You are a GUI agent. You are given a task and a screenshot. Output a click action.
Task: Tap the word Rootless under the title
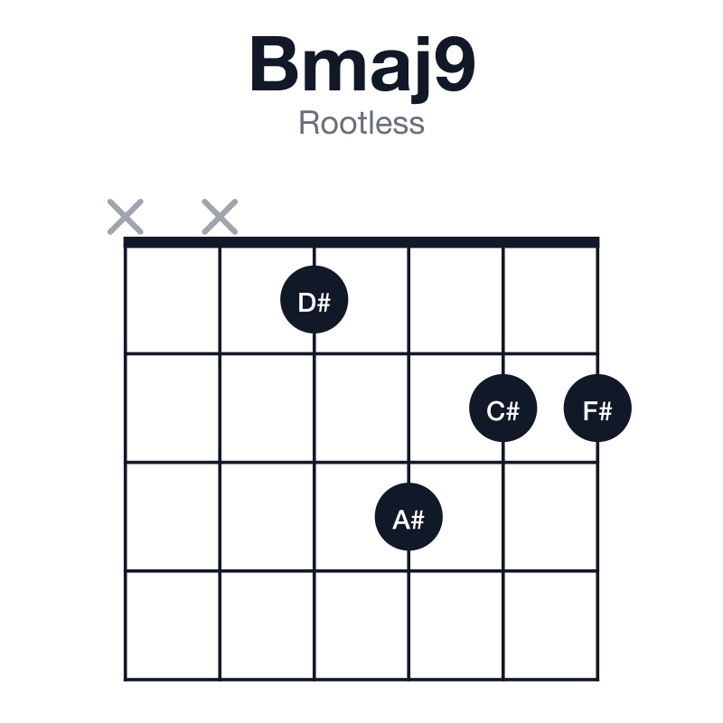[x=361, y=123]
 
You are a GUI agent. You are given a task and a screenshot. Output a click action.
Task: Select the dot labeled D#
[x=314, y=300]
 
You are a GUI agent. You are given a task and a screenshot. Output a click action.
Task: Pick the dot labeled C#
[x=503, y=408]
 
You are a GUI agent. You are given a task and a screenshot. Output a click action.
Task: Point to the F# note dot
[x=597, y=408]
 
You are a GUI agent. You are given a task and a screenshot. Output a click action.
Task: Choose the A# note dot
[x=408, y=517]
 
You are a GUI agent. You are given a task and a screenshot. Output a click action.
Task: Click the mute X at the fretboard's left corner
[x=126, y=217]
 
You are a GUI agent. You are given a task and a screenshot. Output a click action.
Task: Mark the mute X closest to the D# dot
[x=220, y=217]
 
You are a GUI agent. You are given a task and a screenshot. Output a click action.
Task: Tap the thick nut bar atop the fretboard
[x=361, y=242]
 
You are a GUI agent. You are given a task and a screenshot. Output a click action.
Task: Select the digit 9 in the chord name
[x=455, y=64]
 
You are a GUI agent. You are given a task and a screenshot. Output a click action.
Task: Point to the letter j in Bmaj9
[x=420, y=70]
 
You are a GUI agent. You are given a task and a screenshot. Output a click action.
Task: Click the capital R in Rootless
[x=310, y=123]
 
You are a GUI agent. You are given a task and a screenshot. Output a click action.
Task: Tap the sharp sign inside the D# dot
[x=324, y=303]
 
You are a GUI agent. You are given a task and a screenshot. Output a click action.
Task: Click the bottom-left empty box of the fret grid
[x=173, y=625]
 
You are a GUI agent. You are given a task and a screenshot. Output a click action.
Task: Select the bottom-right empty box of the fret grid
[x=550, y=625]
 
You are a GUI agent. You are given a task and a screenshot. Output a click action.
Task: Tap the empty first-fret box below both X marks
[x=173, y=300]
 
